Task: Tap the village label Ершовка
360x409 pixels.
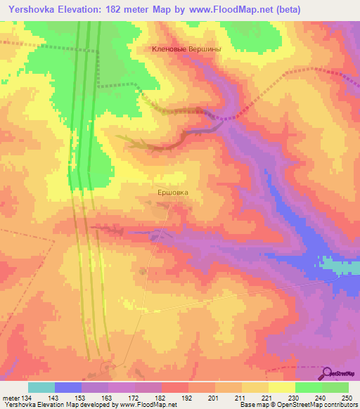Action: tap(172, 190)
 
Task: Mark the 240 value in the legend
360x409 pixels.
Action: tap(319, 398)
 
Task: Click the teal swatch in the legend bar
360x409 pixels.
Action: tap(41, 387)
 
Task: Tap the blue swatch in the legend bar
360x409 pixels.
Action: tap(68, 387)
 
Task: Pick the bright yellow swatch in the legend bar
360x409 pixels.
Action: tap(281, 387)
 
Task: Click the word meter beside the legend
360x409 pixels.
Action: tap(11, 398)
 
